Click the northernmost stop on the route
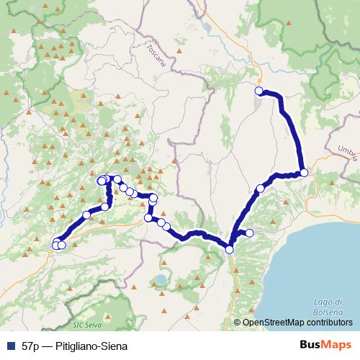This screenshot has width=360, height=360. (258, 91)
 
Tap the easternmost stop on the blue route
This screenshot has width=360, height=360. (304, 172)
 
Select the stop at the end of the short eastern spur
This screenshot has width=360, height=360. (250, 233)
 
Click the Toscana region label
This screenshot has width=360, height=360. (155, 56)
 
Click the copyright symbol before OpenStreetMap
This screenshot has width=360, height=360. (237, 323)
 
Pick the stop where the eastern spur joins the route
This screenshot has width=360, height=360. (230, 249)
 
